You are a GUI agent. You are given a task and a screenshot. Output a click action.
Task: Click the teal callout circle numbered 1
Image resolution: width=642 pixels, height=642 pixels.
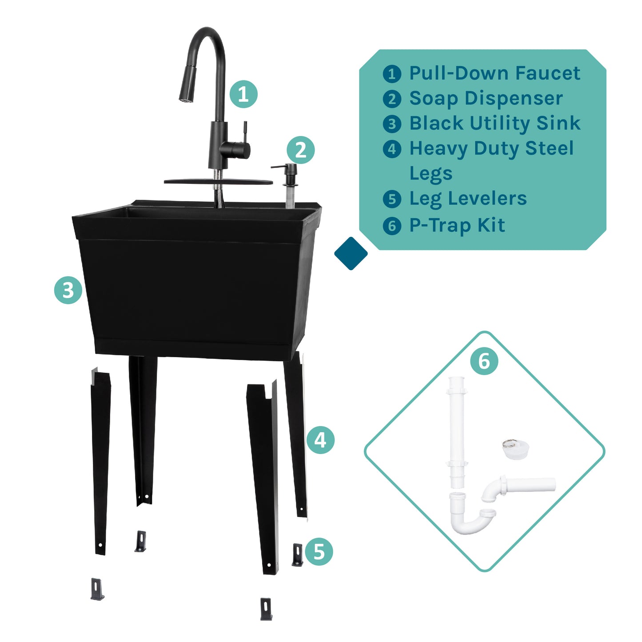(243, 94)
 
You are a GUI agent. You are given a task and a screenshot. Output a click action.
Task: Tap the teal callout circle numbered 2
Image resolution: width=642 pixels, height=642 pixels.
(300, 150)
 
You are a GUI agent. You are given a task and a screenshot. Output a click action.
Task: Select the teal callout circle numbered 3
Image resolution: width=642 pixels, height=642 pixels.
(68, 291)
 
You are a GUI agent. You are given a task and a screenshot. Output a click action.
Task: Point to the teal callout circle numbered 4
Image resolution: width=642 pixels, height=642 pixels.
(320, 440)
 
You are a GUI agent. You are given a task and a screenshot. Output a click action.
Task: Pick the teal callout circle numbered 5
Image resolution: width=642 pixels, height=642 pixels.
(319, 551)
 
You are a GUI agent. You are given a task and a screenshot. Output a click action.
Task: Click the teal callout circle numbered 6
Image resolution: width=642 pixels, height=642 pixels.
(484, 361)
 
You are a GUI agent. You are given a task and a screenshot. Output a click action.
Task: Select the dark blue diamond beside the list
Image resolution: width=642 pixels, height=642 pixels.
(351, 253)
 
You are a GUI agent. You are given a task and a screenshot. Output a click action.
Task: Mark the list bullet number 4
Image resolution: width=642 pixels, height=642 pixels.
(392, 149)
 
